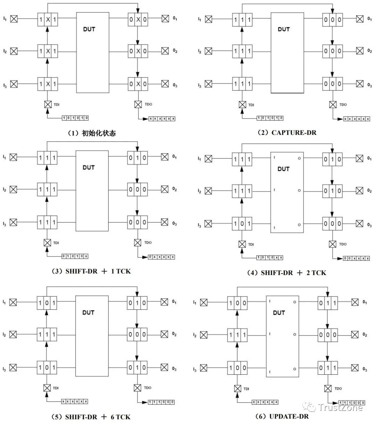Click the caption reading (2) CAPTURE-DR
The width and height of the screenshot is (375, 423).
click(x=287, y=132)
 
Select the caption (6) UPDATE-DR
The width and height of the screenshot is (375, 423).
click(x=284, y=416)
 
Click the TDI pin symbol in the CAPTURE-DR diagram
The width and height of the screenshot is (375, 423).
click(x=242, y=104)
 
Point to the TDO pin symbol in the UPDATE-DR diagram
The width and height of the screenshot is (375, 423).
click(x=327, y=388)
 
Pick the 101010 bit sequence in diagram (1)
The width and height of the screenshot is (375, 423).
click(x=75, y=118)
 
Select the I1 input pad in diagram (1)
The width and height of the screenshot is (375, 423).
click(x=14, y=19)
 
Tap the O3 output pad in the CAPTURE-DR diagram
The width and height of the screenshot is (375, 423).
click(x=360, y=84)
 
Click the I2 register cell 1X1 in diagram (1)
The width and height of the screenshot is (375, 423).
click(x=48, y=51)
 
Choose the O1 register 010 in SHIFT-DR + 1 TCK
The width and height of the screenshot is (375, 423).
click(x=137, y=157)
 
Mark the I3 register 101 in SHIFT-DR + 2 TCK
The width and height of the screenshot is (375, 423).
click(x=242, y=223)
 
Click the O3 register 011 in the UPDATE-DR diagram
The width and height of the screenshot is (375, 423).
click(x=327, y=368)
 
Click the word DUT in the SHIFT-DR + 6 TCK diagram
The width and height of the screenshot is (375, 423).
click(x=88, y=312)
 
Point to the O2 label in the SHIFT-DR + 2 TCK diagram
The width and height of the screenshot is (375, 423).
click(x=369, y=191)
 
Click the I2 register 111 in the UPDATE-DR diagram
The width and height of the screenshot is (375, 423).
click(x=237, y=335)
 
